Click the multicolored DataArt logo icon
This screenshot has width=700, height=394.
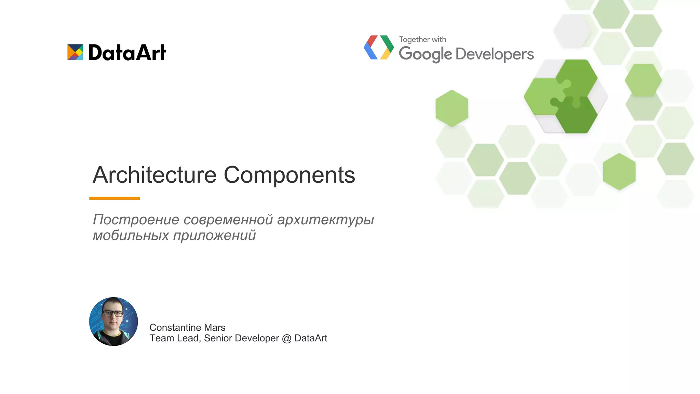(x=75, y=52)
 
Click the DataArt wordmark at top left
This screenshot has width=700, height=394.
(x=127, y=53)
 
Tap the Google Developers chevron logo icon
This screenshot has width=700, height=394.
(x=379, y=48)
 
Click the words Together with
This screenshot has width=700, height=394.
(x=422, y=39)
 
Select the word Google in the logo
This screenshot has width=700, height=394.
(x=425, y=54)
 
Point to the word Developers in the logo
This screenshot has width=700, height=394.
(x=495, y=54)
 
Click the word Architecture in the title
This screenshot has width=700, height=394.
(x=154, y=175)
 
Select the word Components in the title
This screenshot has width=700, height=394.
(x=289, y=175)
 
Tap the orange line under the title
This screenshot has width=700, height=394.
(x=115, y=198)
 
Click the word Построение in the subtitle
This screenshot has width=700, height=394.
(x=136, y=220)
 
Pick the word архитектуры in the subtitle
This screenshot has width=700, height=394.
(x=325, y=220)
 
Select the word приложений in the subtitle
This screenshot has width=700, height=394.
(x=214, y=235)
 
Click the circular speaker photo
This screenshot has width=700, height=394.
(x=113, y=321)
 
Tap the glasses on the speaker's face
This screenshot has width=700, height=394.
(x=113, y=313)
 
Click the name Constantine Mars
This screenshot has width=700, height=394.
(x=187, y=327)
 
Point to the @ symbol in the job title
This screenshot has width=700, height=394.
(x=286, y=338)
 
